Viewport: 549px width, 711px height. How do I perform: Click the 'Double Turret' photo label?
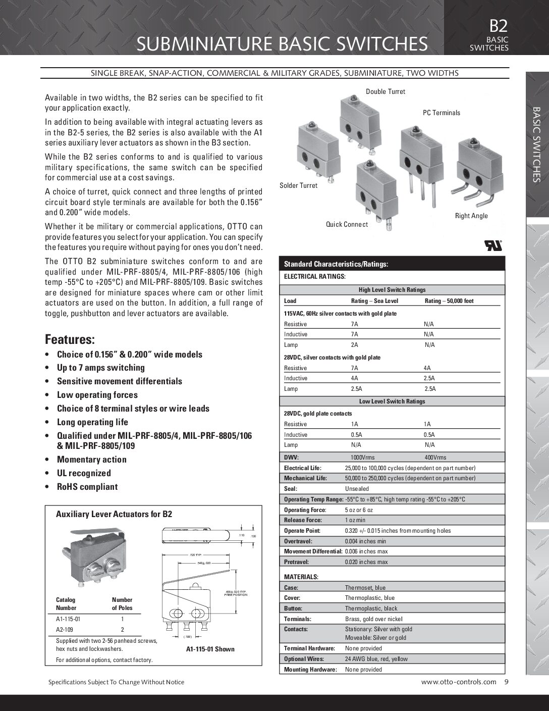[x=385, y=91]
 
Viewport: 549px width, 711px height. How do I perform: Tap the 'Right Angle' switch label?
[x=471, y=216]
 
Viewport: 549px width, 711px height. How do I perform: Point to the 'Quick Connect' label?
[x=347, y=224]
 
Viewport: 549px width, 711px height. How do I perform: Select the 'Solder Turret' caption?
[x=299, y=185]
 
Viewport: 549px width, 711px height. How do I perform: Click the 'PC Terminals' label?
[x=441, y=113]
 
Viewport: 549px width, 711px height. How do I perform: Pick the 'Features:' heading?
[x=70, y=339]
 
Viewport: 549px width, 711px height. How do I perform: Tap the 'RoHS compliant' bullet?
[x=87, y=487]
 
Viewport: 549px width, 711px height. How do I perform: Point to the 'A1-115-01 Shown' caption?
[x=210, y=649]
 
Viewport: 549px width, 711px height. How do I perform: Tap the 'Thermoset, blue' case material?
[x=365, y=588]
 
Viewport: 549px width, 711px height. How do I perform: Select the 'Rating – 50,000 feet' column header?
[x=449, y=301]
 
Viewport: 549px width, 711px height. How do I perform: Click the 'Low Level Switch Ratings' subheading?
[x=392, y=401]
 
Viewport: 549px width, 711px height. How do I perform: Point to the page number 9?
[x=506, y=682]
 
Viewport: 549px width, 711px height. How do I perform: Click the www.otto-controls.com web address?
[x=458, y=682]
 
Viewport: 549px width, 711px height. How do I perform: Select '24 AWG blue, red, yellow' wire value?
[x=376, y=659]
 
